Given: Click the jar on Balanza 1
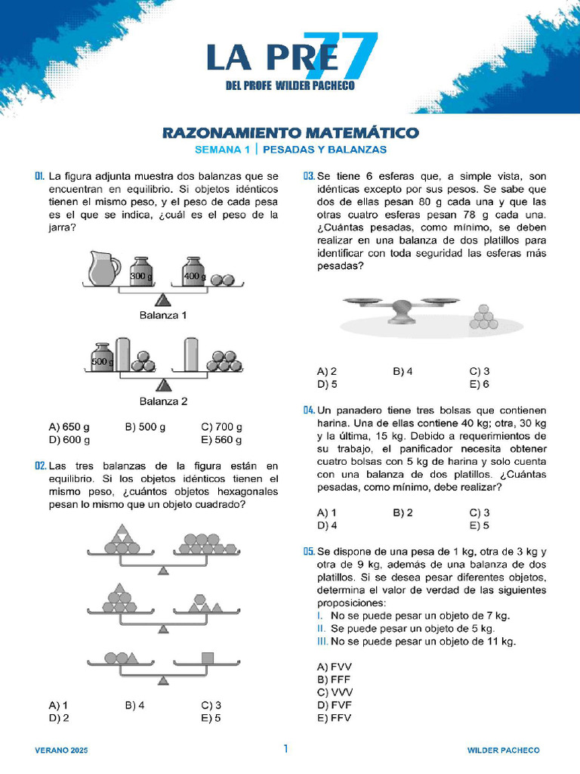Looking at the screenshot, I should point(103,269).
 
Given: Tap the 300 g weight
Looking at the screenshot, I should point(141,272).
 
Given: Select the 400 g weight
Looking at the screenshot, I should point(194,272).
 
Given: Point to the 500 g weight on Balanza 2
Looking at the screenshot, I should point(102,358).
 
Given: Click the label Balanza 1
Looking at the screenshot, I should point(162,315).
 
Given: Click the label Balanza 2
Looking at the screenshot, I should point(163,401).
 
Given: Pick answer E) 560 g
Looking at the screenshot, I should point(222,440).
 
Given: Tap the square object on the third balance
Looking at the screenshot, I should point(209,658).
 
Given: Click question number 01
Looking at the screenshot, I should point(40,176).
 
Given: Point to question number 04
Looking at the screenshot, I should point(309,410).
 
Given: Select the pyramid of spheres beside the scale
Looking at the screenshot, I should point(483,317).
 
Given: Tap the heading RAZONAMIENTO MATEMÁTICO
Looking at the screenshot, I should point(291,133).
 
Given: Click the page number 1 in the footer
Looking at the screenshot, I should point(285,749).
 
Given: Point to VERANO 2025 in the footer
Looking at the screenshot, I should point(61,751).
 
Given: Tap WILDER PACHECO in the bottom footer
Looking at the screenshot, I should point(503,751).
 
